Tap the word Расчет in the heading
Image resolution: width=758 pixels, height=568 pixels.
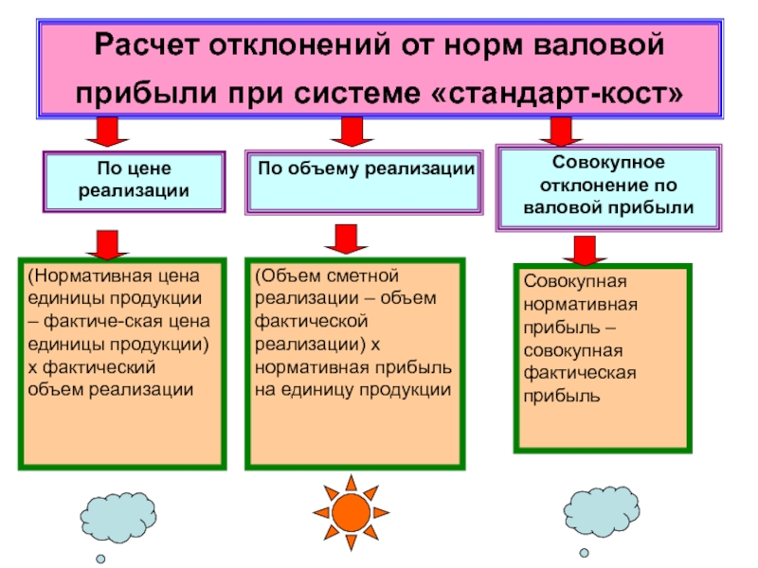pyautogui.click(x=146, y=44)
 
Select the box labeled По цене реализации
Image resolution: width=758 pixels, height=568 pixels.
pyautogui.click(x=134, y=182)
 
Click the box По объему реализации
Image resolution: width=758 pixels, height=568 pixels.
pyautogui.click(x=364, y=182)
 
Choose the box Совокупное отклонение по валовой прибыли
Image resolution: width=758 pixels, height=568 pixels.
pyautogui.click(x=608, y=187)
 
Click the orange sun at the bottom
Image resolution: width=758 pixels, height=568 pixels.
pyautogui.click(x=351, y=513)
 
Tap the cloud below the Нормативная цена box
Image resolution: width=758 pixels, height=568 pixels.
pyautogui.click(x=118, y=518)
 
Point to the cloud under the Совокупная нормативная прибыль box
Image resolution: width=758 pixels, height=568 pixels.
pyautogui.click(x=602, y=512)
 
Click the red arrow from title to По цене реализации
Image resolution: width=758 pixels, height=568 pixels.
pyautogui.click(x=107, y=132)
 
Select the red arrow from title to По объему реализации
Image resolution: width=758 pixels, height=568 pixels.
pyautogui.click(x=352, y=132)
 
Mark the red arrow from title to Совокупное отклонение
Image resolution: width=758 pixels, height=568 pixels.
pyautogui.click(x=561, y=132)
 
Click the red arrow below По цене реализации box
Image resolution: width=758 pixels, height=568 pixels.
pyautogui.click(x=107, y=245)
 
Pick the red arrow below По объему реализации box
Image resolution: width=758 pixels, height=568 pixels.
pyautogui.click(x=346, y=240)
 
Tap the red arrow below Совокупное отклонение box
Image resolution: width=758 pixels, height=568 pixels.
pyautogui.click(x=585, y=251)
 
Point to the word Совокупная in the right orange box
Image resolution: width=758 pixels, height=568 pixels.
pyautogui.click(x=575, y=281)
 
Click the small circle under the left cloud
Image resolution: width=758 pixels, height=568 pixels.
pyautogui.click(x=100, y=559)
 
